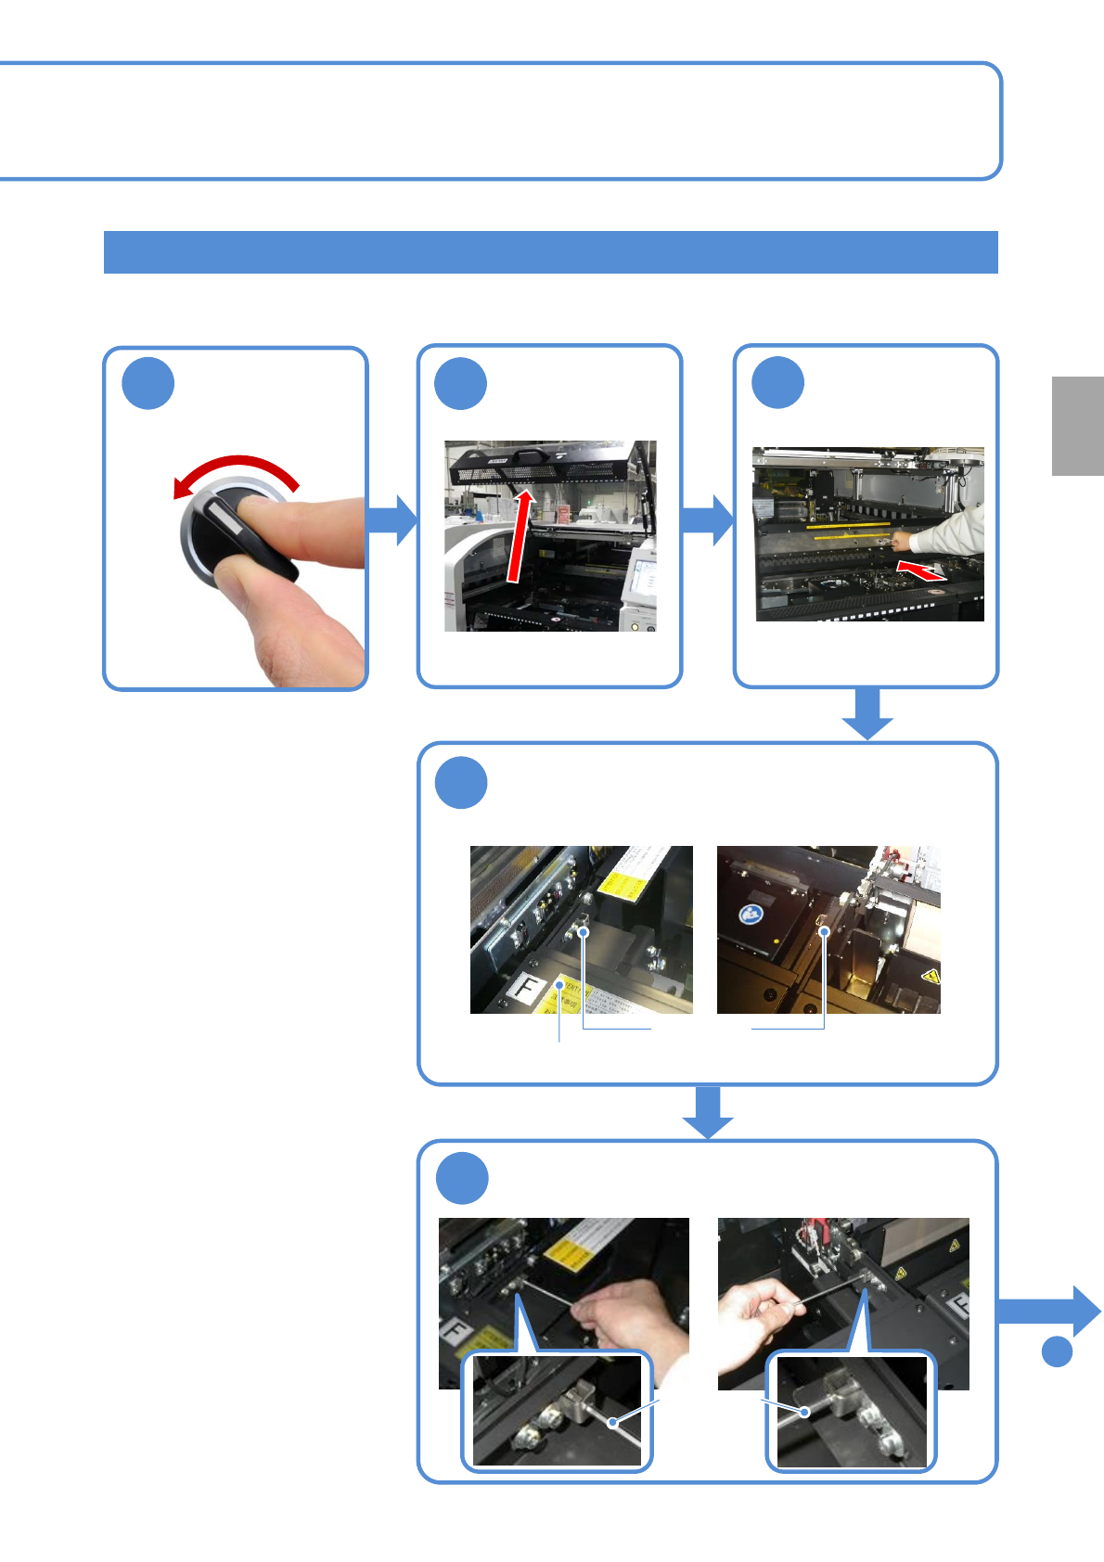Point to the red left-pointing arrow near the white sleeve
(x=922, y=570)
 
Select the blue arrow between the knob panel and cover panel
(x=393, y=520)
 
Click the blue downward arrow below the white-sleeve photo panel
(x=867, y=713)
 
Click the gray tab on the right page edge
(x=1078, y=426)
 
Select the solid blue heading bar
(x=550, y=252)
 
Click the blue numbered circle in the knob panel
(x=148, y=383)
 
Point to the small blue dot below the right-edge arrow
(x=1057, y=1351)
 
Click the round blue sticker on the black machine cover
(x=751, y=915)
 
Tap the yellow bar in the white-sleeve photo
(x=848, y=525)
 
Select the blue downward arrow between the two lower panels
(x=708, y=1111)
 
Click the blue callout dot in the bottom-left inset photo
(x=612, y=1422)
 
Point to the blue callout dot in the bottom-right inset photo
(x=805, y=1412)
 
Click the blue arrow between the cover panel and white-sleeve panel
(x=709, y=520)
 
